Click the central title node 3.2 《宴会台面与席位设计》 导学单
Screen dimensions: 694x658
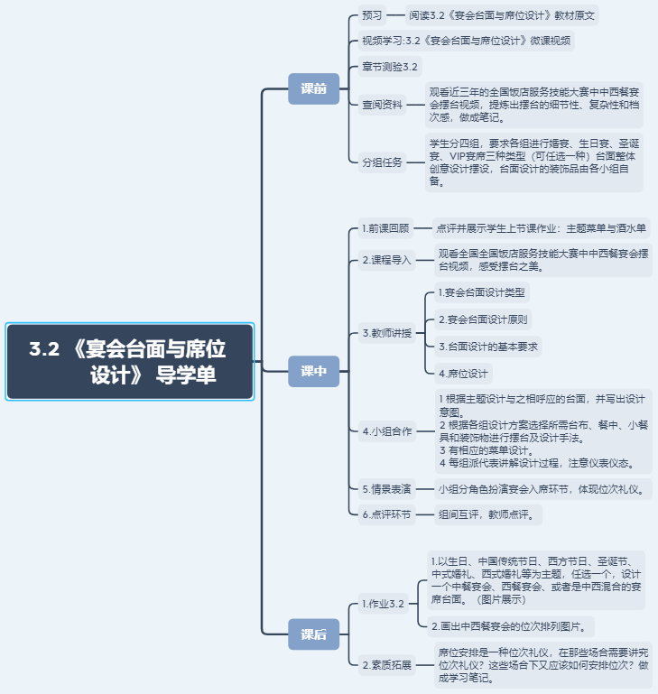coord(130,361)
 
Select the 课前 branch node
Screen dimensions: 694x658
coord(313,88)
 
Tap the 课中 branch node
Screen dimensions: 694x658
coord(313,371)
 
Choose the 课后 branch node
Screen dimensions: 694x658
coord(313,634)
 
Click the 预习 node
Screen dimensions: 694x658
coord(372,15)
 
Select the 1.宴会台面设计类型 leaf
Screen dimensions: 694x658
coord(481,292)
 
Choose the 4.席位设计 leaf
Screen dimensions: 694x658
coord(463,373)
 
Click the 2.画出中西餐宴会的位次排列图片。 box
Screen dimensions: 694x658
coord(512,625)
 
